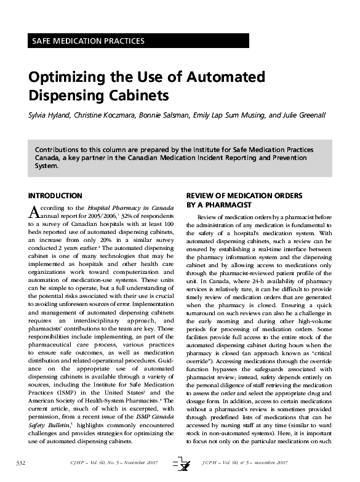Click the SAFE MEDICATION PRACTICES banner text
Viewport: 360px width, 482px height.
(x=87, y=41)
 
